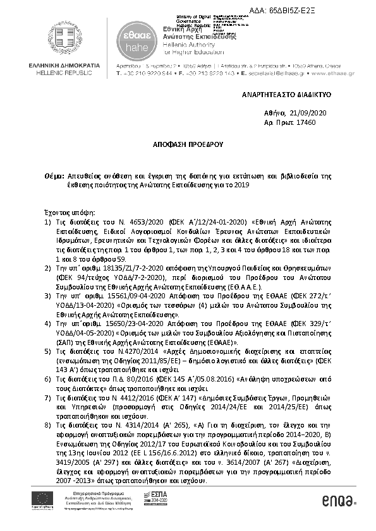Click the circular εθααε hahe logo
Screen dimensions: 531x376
(131, 40)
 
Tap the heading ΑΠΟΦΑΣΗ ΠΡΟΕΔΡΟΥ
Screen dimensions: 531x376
(188, 144)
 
